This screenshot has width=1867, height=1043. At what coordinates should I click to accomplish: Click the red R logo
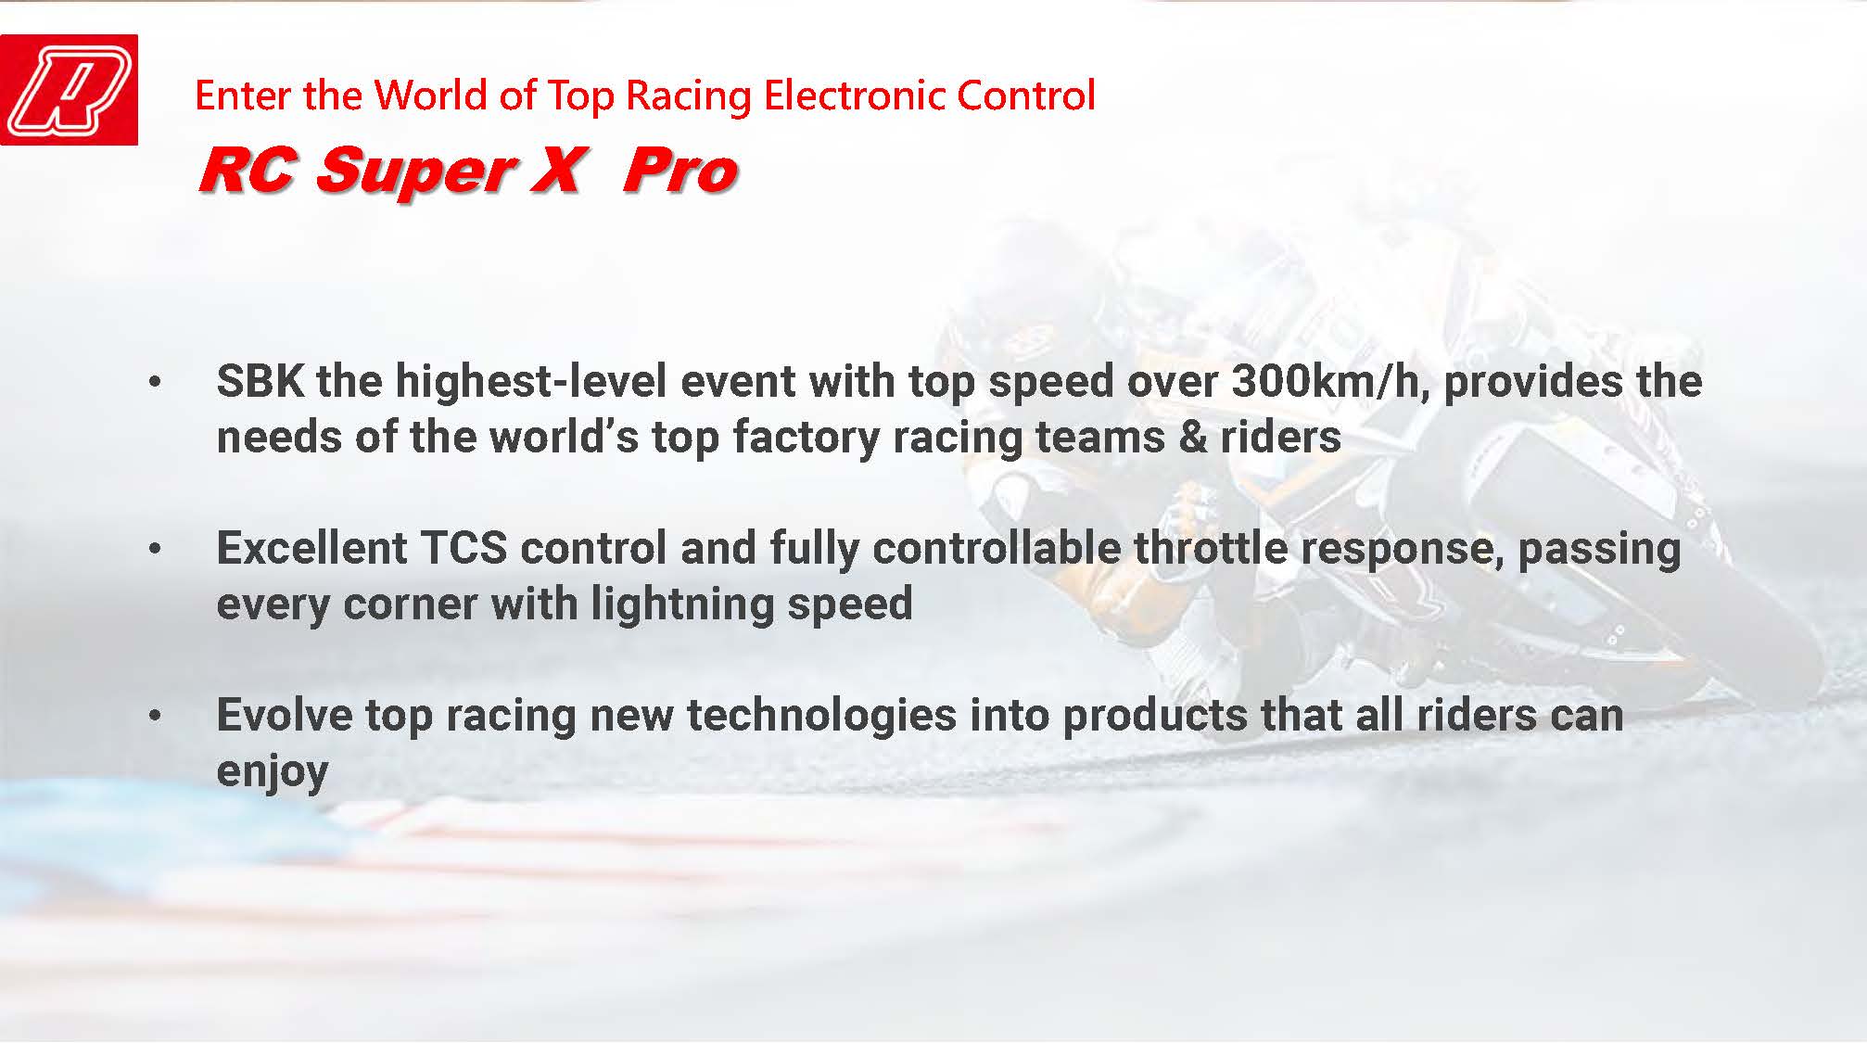point(70,90)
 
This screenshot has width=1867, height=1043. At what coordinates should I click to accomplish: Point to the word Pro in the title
point(680,171)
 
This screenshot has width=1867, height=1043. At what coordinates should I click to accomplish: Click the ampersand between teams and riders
point(1192,437)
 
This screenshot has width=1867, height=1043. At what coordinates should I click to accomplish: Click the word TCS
point(464,548)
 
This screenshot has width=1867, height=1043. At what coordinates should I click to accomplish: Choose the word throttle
point(1211,548)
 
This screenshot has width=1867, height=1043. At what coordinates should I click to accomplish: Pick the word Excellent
point(312,548)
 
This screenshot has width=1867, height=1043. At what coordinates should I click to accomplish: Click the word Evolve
point(285,715)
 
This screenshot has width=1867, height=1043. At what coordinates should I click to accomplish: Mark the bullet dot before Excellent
point(155,549)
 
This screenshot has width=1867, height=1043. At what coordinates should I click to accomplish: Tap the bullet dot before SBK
point(155,382)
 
